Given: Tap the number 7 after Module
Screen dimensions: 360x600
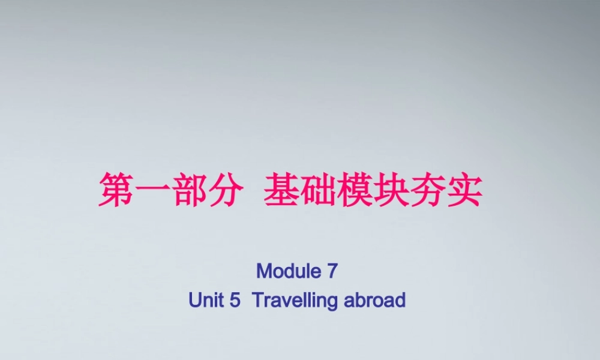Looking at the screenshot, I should click(x=333, y=271).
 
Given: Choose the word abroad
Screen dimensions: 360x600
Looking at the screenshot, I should click(x=375, y=300).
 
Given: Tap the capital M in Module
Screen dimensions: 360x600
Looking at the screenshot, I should click(x=263, y=271).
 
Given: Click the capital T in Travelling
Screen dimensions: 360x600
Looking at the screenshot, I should click(x=258, y=300).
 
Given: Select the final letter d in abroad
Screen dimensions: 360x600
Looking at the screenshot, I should click(x=401, y=300).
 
